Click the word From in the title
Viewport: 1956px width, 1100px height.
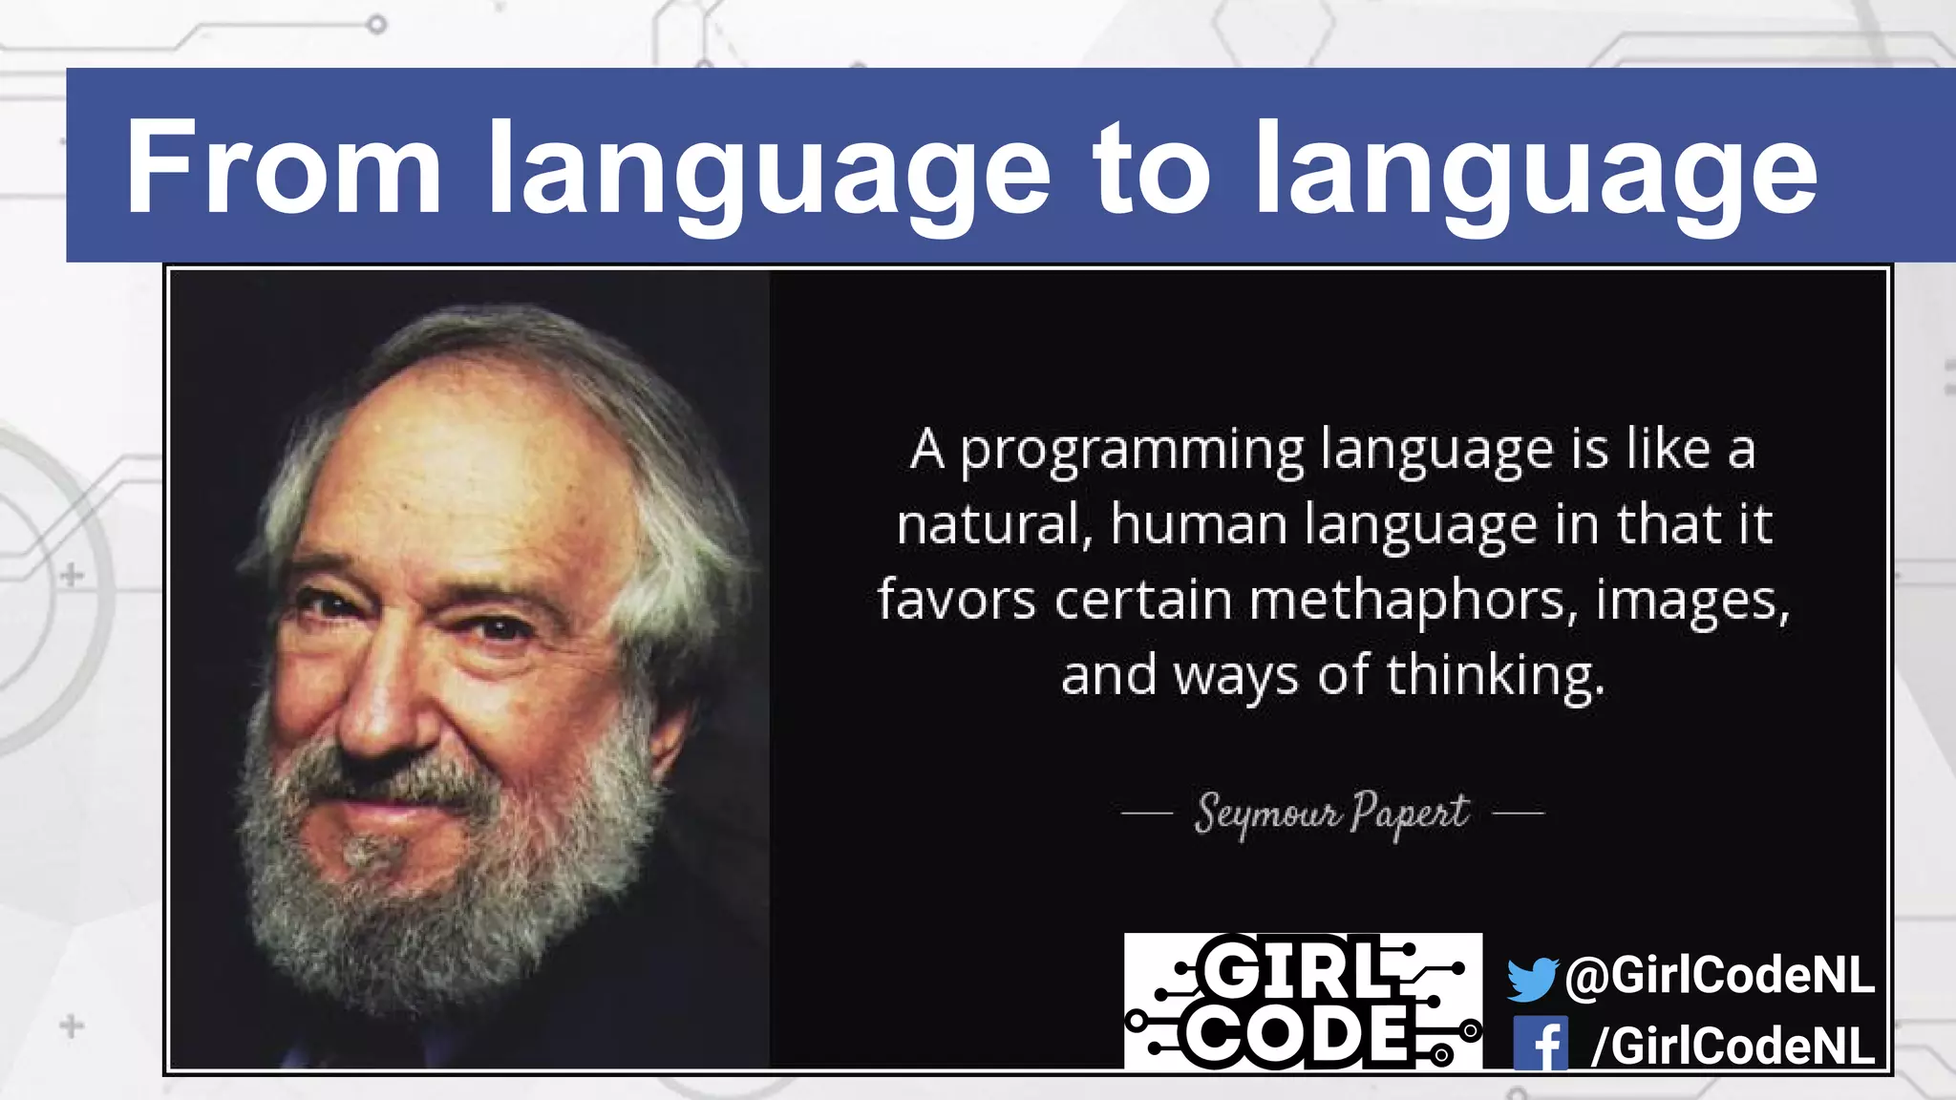(x=283, y=168)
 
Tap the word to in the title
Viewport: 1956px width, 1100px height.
(x=1153, y=168)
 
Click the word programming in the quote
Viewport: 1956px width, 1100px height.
(x=1132, y=451)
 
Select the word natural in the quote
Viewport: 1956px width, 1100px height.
(x=993, y=525)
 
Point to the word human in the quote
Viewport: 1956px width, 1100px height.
(x=1198, y=525)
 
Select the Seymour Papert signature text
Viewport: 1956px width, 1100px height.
(x=1331, y=814)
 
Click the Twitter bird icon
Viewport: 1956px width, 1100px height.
(x=1531, y=979)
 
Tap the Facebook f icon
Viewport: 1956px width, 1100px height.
(x=1540, y=1044)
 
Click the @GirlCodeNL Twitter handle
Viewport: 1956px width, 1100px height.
(x=1719, y=976)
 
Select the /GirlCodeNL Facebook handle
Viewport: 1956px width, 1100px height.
(x=1732, y=1046)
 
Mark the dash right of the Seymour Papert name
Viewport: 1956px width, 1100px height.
(x=1518, y=814)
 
